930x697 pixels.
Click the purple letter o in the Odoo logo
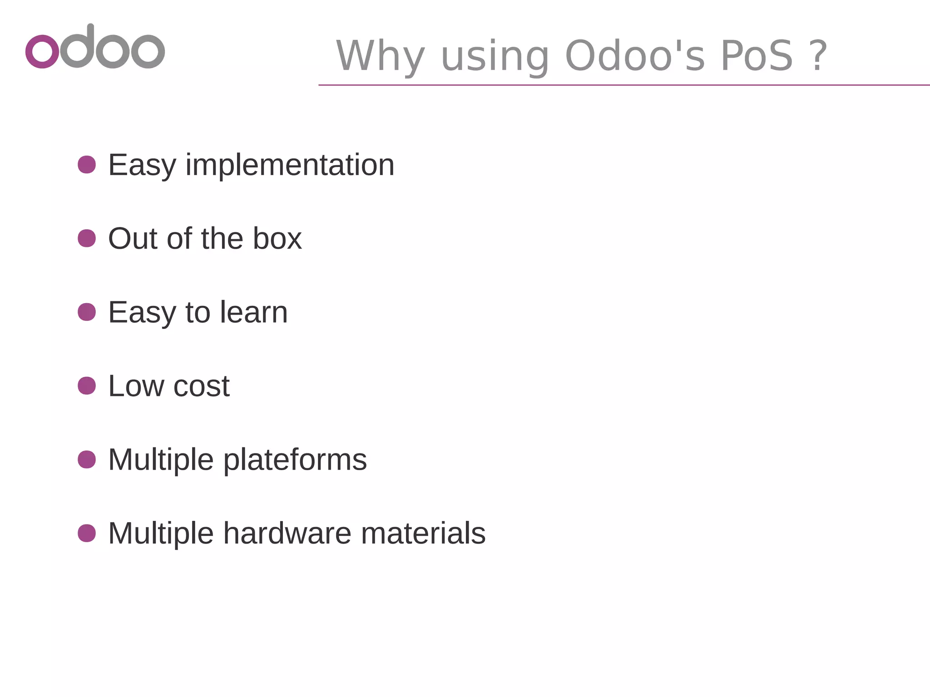click(x=42, y=51)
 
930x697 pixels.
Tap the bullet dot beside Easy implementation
click(x=87, y=164)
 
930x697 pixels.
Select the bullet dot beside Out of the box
click(x=87, y=238)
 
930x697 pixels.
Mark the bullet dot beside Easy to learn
click(x=87, y=312)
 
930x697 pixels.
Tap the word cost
click(x=201, y=387)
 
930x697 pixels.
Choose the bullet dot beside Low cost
click(x=87, y=386)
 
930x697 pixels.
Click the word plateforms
click(x=295, y=460)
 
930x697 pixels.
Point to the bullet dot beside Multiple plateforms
click(x=87, y=459)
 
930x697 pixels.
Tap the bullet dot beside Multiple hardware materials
click(x=87, y=533)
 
